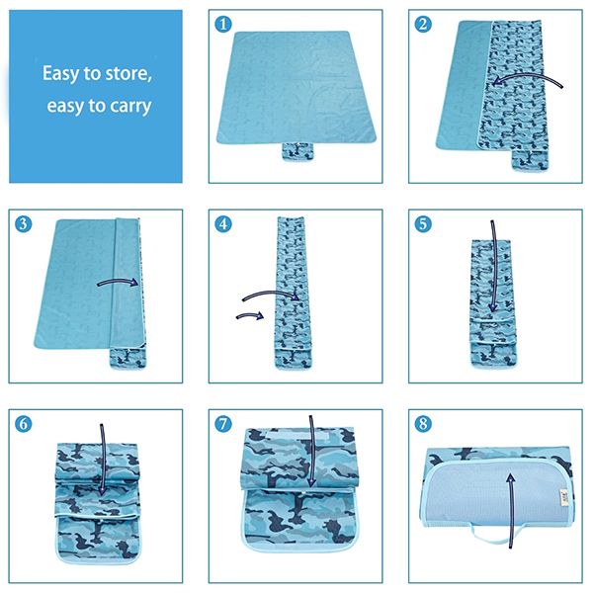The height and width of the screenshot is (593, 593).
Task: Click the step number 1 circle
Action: (x=223, y=24)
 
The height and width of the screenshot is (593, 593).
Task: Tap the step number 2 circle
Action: (x=423, y=24)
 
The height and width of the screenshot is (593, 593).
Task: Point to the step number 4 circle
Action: (x=223, y=223)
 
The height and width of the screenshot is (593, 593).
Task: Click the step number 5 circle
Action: (x=423, y=223)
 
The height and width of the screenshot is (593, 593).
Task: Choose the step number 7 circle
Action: (x=223, y=423)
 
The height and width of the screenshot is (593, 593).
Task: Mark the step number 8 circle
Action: (x=423, y=423)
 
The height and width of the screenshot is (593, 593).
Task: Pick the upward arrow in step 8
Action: (x=509, y=504)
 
